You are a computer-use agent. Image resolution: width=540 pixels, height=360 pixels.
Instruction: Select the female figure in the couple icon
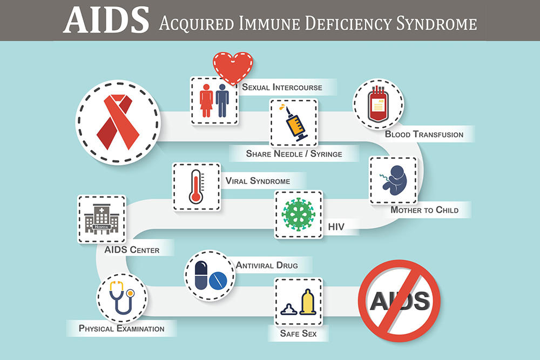point(206,101)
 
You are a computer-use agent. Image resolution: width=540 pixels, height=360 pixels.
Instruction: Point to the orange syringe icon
point(294,123)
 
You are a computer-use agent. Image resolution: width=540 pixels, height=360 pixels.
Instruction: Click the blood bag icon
point(379,104)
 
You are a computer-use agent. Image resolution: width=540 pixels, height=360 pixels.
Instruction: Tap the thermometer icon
point(196,186)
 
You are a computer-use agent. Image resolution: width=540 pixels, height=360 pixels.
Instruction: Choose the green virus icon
point(298,215)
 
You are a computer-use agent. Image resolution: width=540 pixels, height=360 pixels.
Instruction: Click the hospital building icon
point(102,219)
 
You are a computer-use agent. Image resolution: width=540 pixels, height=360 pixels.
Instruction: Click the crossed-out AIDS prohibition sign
point(400,300)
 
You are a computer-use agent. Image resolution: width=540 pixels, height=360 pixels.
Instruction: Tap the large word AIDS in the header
point(105,20)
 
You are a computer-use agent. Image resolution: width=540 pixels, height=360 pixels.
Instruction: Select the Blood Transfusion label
point(424,134)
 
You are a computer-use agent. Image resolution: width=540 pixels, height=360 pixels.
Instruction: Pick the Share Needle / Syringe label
point(294,154)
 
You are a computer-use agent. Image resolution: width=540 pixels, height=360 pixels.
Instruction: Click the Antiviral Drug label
point(267,265)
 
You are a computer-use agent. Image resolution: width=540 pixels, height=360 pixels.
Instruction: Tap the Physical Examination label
point(122,328)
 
